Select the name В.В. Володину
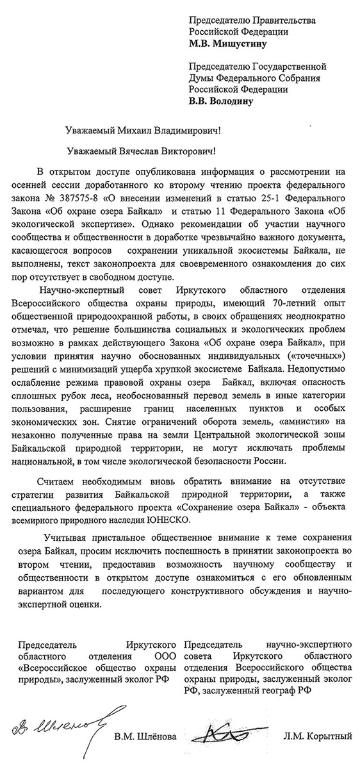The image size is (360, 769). click(x=224, y=101)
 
